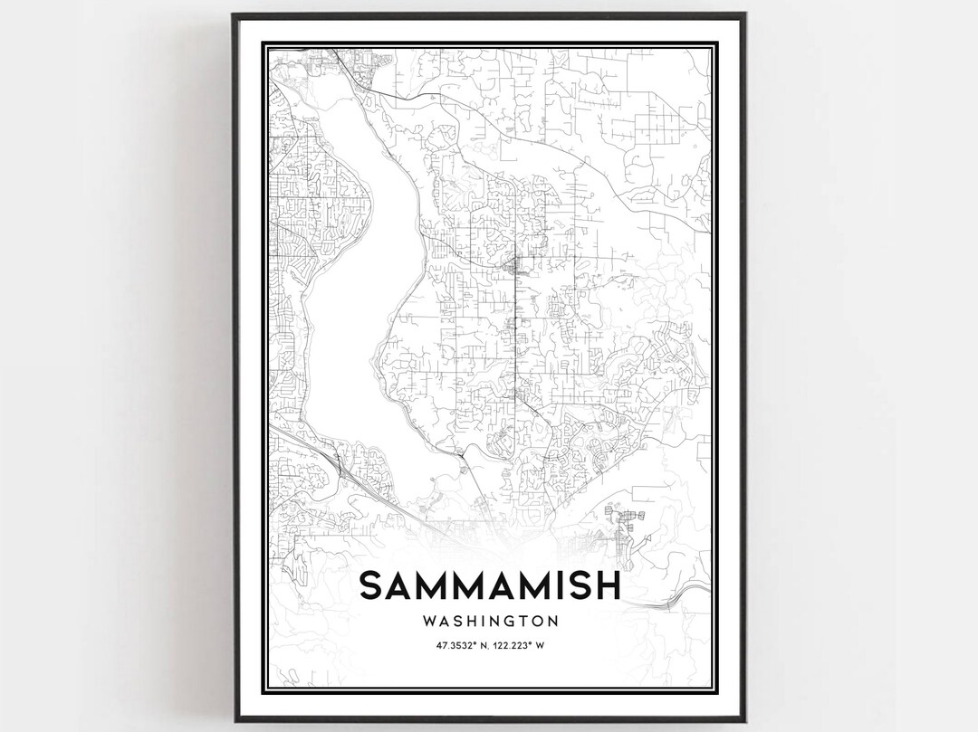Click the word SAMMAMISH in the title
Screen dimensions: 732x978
[490, 585]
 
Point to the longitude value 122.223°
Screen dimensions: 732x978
[519, 645]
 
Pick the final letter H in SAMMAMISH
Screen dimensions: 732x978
[608, 585]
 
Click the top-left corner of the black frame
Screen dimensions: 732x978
[233, 15]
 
